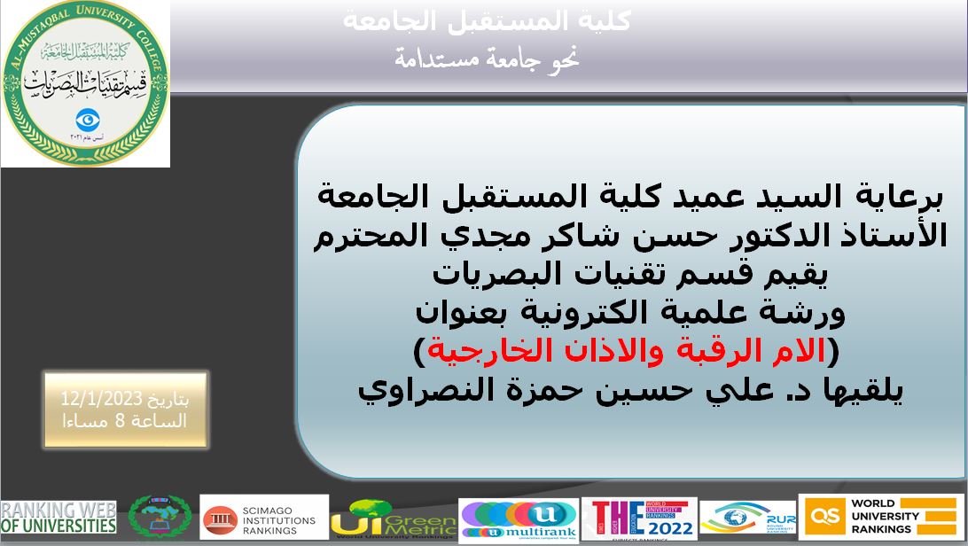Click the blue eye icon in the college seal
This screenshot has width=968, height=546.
click(86, 119)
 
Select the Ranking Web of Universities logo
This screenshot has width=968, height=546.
click(59, 518)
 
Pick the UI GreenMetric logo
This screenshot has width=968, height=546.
click(392, 519)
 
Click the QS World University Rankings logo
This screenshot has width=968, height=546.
click(882, 517)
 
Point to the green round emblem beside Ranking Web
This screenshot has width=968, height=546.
click(159, 517)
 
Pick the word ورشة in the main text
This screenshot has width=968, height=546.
click(801, 313)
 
